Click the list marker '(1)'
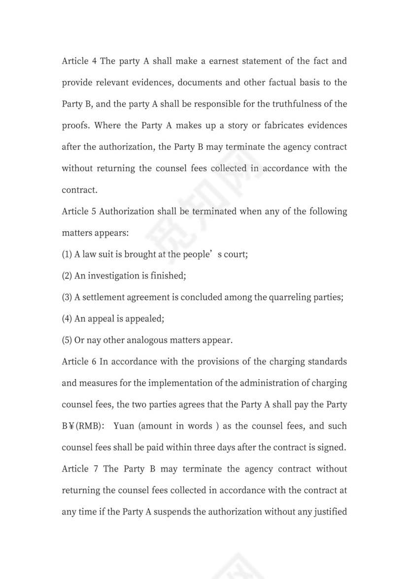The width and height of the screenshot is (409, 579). pos(67,254)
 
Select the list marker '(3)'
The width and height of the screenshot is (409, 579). pos(67,297)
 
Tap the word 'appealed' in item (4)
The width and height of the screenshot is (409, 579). pos(144,319)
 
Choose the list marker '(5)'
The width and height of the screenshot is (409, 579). pos(67,340)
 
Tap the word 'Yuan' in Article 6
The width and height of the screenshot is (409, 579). pos(124,426)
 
